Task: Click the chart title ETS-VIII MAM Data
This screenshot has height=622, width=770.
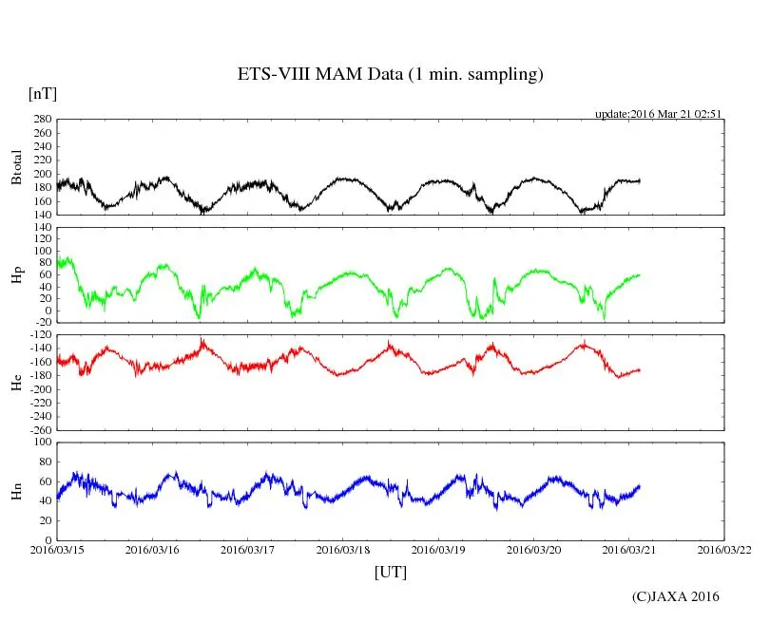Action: point(390,75)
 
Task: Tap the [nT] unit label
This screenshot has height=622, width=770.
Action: point(42,94)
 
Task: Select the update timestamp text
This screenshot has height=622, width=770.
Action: point(659,113)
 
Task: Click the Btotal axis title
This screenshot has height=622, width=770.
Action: point(15,167)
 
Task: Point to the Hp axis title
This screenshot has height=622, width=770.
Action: point(15,275)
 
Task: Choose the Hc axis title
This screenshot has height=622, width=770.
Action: point(15,382)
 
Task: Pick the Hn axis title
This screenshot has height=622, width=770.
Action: point(15,491)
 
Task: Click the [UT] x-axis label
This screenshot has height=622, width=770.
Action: point(391,572)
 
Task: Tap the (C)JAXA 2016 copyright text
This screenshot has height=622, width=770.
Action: point(676,596)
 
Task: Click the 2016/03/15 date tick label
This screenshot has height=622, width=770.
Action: point(57,550)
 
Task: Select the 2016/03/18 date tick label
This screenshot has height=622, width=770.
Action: point(343,550)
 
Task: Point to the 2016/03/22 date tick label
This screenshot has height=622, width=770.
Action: point(724,550)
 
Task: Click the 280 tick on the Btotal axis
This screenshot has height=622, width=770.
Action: point(42,120)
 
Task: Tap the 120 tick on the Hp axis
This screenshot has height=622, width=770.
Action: point(42,228)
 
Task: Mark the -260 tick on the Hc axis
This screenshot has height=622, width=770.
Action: point(39,429)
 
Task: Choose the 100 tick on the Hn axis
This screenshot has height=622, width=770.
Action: point(42,443)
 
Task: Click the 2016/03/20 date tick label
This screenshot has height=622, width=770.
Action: point(533,550)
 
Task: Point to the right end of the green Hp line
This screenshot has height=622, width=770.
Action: point(640,274)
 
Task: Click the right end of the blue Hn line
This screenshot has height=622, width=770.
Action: point(640,486)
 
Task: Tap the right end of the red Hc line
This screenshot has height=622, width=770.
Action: point(640,369)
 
